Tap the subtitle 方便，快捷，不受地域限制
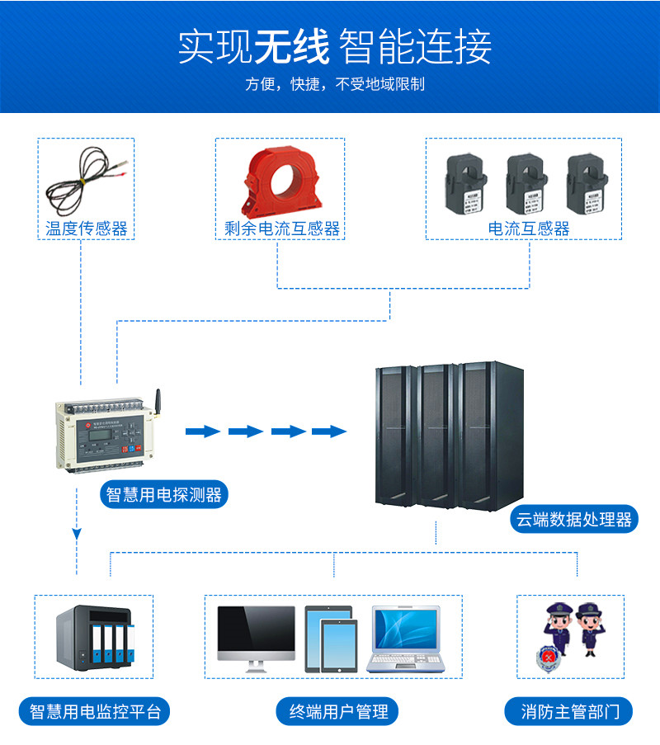click(335, 84)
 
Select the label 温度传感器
click(87, 229)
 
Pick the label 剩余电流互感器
click(282, 229)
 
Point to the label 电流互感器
click(529, 229)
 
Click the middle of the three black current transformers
click(527, 183)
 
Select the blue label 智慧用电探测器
click(164, 495)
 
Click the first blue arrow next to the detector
click(202, 431)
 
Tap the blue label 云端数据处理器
click(574, 519)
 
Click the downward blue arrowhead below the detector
click(77, 535)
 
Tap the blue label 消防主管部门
click(569, 712)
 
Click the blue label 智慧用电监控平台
click(95, 712)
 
